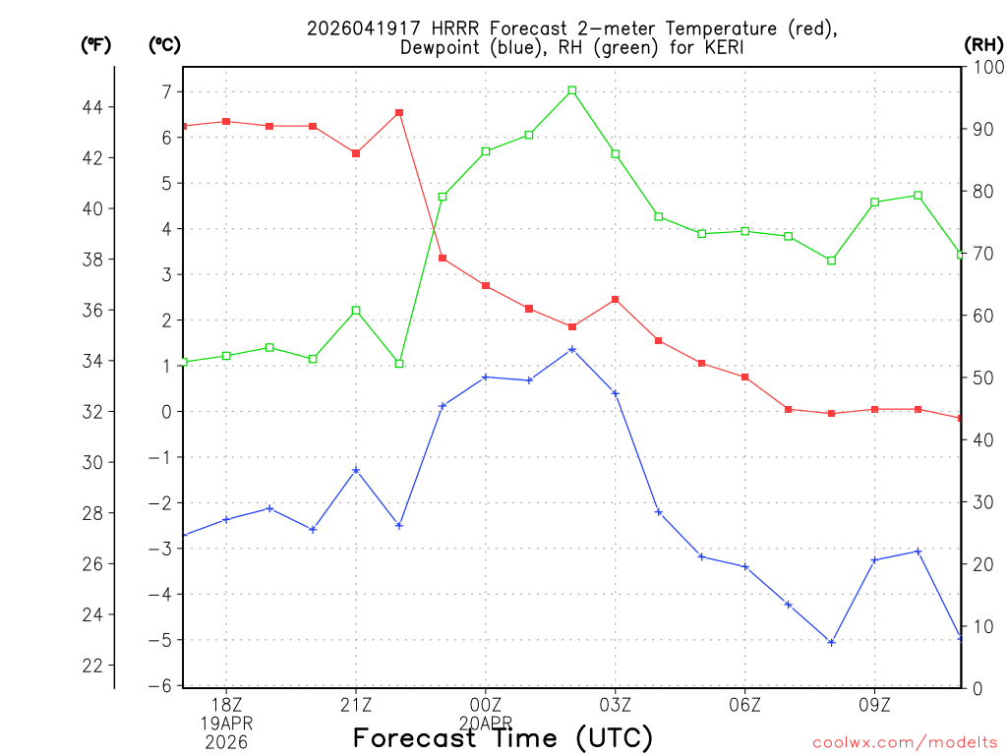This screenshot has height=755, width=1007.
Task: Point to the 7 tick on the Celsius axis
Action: coord(167,91)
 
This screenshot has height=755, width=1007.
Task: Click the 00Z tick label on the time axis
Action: coord(485,705)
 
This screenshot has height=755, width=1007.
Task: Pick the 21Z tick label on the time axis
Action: coord(356,705)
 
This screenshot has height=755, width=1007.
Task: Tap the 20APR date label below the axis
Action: coord(485,723)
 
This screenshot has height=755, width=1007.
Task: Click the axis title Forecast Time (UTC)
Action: coord(503,737)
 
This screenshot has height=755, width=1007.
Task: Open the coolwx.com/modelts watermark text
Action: coord(905,742)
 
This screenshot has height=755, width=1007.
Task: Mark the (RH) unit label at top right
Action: coord(982,44)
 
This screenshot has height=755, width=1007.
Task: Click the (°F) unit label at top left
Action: coord(95,44)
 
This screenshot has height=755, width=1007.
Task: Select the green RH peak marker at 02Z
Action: coord(572,90)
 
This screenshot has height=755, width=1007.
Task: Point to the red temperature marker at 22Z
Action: coord(399,112)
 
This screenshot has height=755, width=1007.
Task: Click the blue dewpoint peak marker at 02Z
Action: coord(572,349)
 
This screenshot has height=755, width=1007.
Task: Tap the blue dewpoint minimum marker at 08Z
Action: coord(831,642)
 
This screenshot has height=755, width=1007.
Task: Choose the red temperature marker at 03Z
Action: coord(616,299)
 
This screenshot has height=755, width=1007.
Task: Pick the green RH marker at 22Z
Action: coord(399,364)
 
